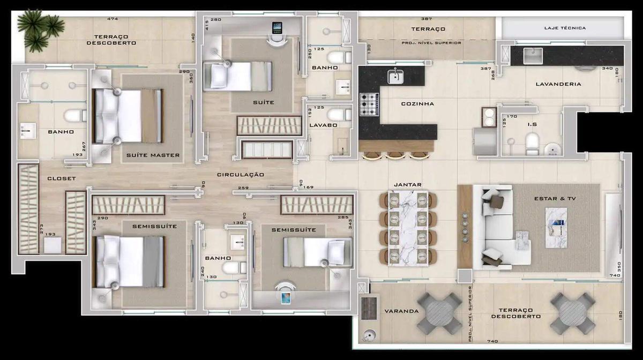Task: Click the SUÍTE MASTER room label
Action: point(153,156)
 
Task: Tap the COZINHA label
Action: point(417,104)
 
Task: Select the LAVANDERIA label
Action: point(561,84)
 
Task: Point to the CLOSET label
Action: point(61,178)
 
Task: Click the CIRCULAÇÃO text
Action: point(240,175)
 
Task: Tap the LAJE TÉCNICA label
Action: point(565,28)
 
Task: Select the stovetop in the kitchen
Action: point(369,104)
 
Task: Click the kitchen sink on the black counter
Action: point(396,77)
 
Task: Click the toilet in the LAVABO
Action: point(336,115)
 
